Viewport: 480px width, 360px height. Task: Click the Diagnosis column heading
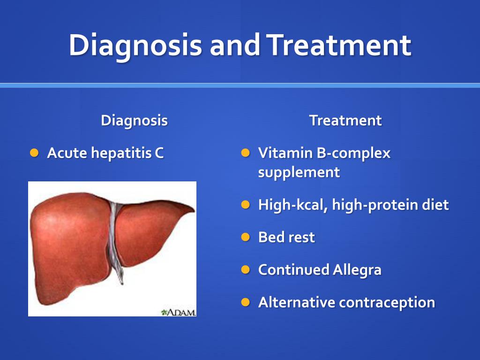[x=135, y=120]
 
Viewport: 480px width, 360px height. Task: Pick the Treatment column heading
[x=345, y=120]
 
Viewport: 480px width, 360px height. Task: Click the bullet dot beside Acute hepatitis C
[x=34, y=153]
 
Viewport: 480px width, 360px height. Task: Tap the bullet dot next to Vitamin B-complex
[x=246, y=153]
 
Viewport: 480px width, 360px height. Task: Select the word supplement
[x=299, y=172]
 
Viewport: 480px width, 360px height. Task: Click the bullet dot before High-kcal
[x=246, y=204]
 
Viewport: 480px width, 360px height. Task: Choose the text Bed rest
[x=286, y=237]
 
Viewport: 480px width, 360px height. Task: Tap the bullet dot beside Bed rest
[x=246, y=237]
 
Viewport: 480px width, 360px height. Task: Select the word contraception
[x=387, y=303]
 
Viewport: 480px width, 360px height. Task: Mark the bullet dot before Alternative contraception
[x=246, y=302]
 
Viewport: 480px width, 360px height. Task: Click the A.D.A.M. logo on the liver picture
[x=178, y=312]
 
